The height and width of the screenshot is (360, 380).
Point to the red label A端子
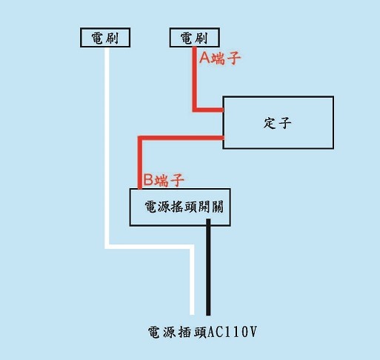pyautogui.click(x=220, y=59)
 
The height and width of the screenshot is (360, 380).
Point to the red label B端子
pyautogui.click(x=164, y=180)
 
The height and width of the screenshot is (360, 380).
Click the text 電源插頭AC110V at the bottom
pyautogui.click(x=202, y=332)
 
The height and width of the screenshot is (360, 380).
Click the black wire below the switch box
pyautogui.click(x=208, y=267)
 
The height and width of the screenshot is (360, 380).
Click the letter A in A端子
pyautogui.click(x=204, y=59)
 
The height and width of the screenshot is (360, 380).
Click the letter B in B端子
pyautogui.click(x=148, y=180)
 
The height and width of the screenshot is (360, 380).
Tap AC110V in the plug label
pyautogui.click(x=233, y=332)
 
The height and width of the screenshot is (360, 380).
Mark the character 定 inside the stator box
pyautogui.click(x=269, y=123)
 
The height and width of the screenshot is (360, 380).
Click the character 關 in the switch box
pyautogui.click(x=217, y=207)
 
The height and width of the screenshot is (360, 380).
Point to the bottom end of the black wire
pyautogui.click(x=208, y=316)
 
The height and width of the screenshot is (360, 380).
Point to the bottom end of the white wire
pyautogui.click(x=192, y=315)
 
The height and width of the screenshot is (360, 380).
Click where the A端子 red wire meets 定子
pyautogui.click(x=223, y=110)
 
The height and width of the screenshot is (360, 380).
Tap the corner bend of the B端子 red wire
pyautogui.click(x=140, y=138)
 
